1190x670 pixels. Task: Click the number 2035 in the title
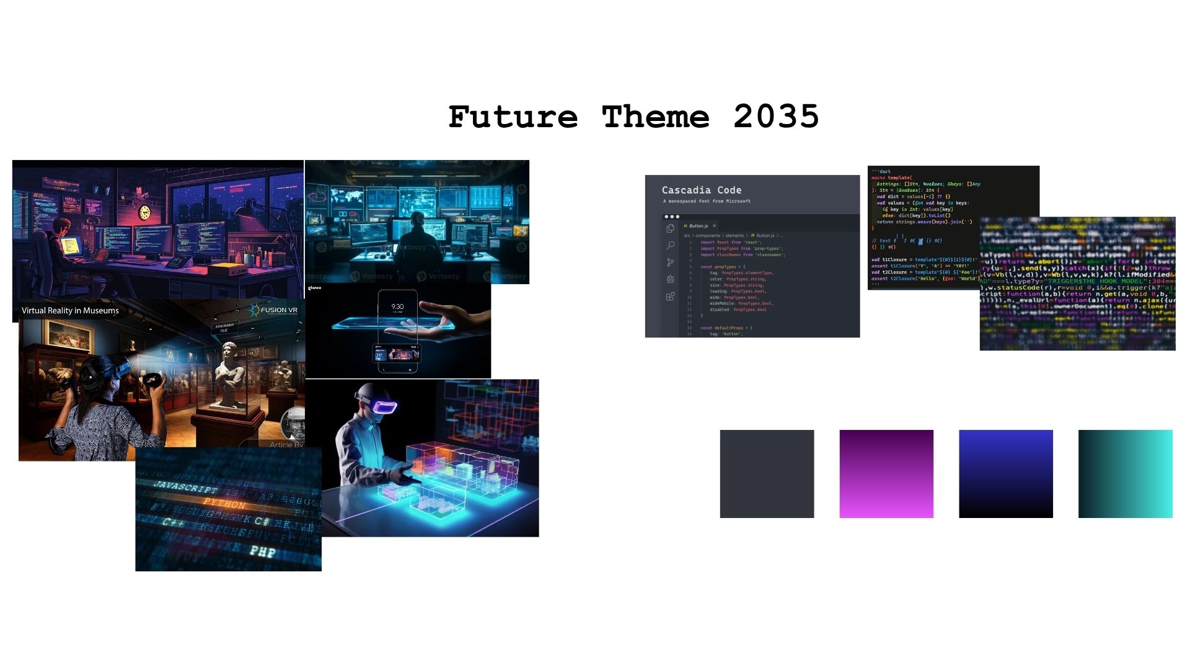(776, 117)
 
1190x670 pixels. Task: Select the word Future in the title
(513, 117)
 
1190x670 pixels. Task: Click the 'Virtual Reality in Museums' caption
(70, 310)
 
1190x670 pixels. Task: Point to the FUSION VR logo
(274, 310)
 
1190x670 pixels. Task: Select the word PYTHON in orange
(224, 502)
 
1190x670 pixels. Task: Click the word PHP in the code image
(263, 550)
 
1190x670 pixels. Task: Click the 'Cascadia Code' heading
(701, 190)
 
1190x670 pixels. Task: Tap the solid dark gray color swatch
(767, 473)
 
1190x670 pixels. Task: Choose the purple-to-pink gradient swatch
(886, 473)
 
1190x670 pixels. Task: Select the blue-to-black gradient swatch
(1005, 473)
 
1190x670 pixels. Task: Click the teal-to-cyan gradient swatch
(1125, 473)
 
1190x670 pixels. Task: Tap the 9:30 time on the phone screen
(397, 306)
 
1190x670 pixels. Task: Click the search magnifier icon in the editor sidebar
(670, 246)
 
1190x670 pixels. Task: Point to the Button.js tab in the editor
(699, 226)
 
